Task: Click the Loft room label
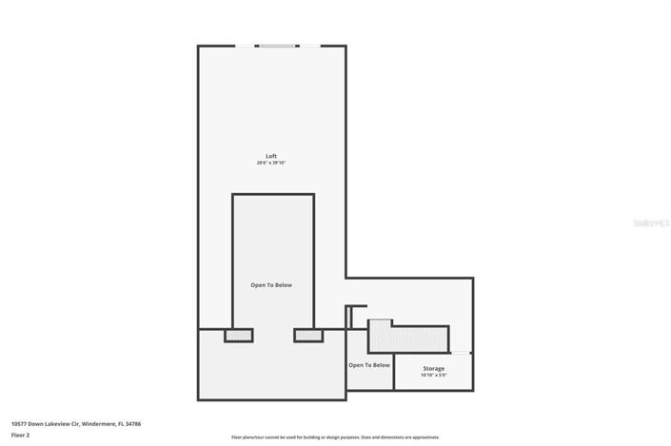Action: coord(271,156)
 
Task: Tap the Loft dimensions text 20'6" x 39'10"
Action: coord(271,164)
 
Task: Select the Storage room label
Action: coord(433,368)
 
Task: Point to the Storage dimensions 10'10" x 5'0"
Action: coord(433,376)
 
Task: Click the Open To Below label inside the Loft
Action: coord(271,285)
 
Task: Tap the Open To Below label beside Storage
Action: coord(368,365)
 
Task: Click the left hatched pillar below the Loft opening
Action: coord(238,335)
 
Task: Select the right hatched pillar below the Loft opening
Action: coord(308,335)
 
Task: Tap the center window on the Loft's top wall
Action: coord(277,46)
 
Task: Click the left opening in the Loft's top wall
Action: coord(246,46)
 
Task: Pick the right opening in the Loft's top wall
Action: coord(309,46)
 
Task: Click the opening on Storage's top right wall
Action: coord(461,354)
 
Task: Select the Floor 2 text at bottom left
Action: coord(21,435)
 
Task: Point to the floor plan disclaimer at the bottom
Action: coord(335,437)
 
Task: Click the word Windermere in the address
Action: coord(98,424)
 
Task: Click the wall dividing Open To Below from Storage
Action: coord(393,371)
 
